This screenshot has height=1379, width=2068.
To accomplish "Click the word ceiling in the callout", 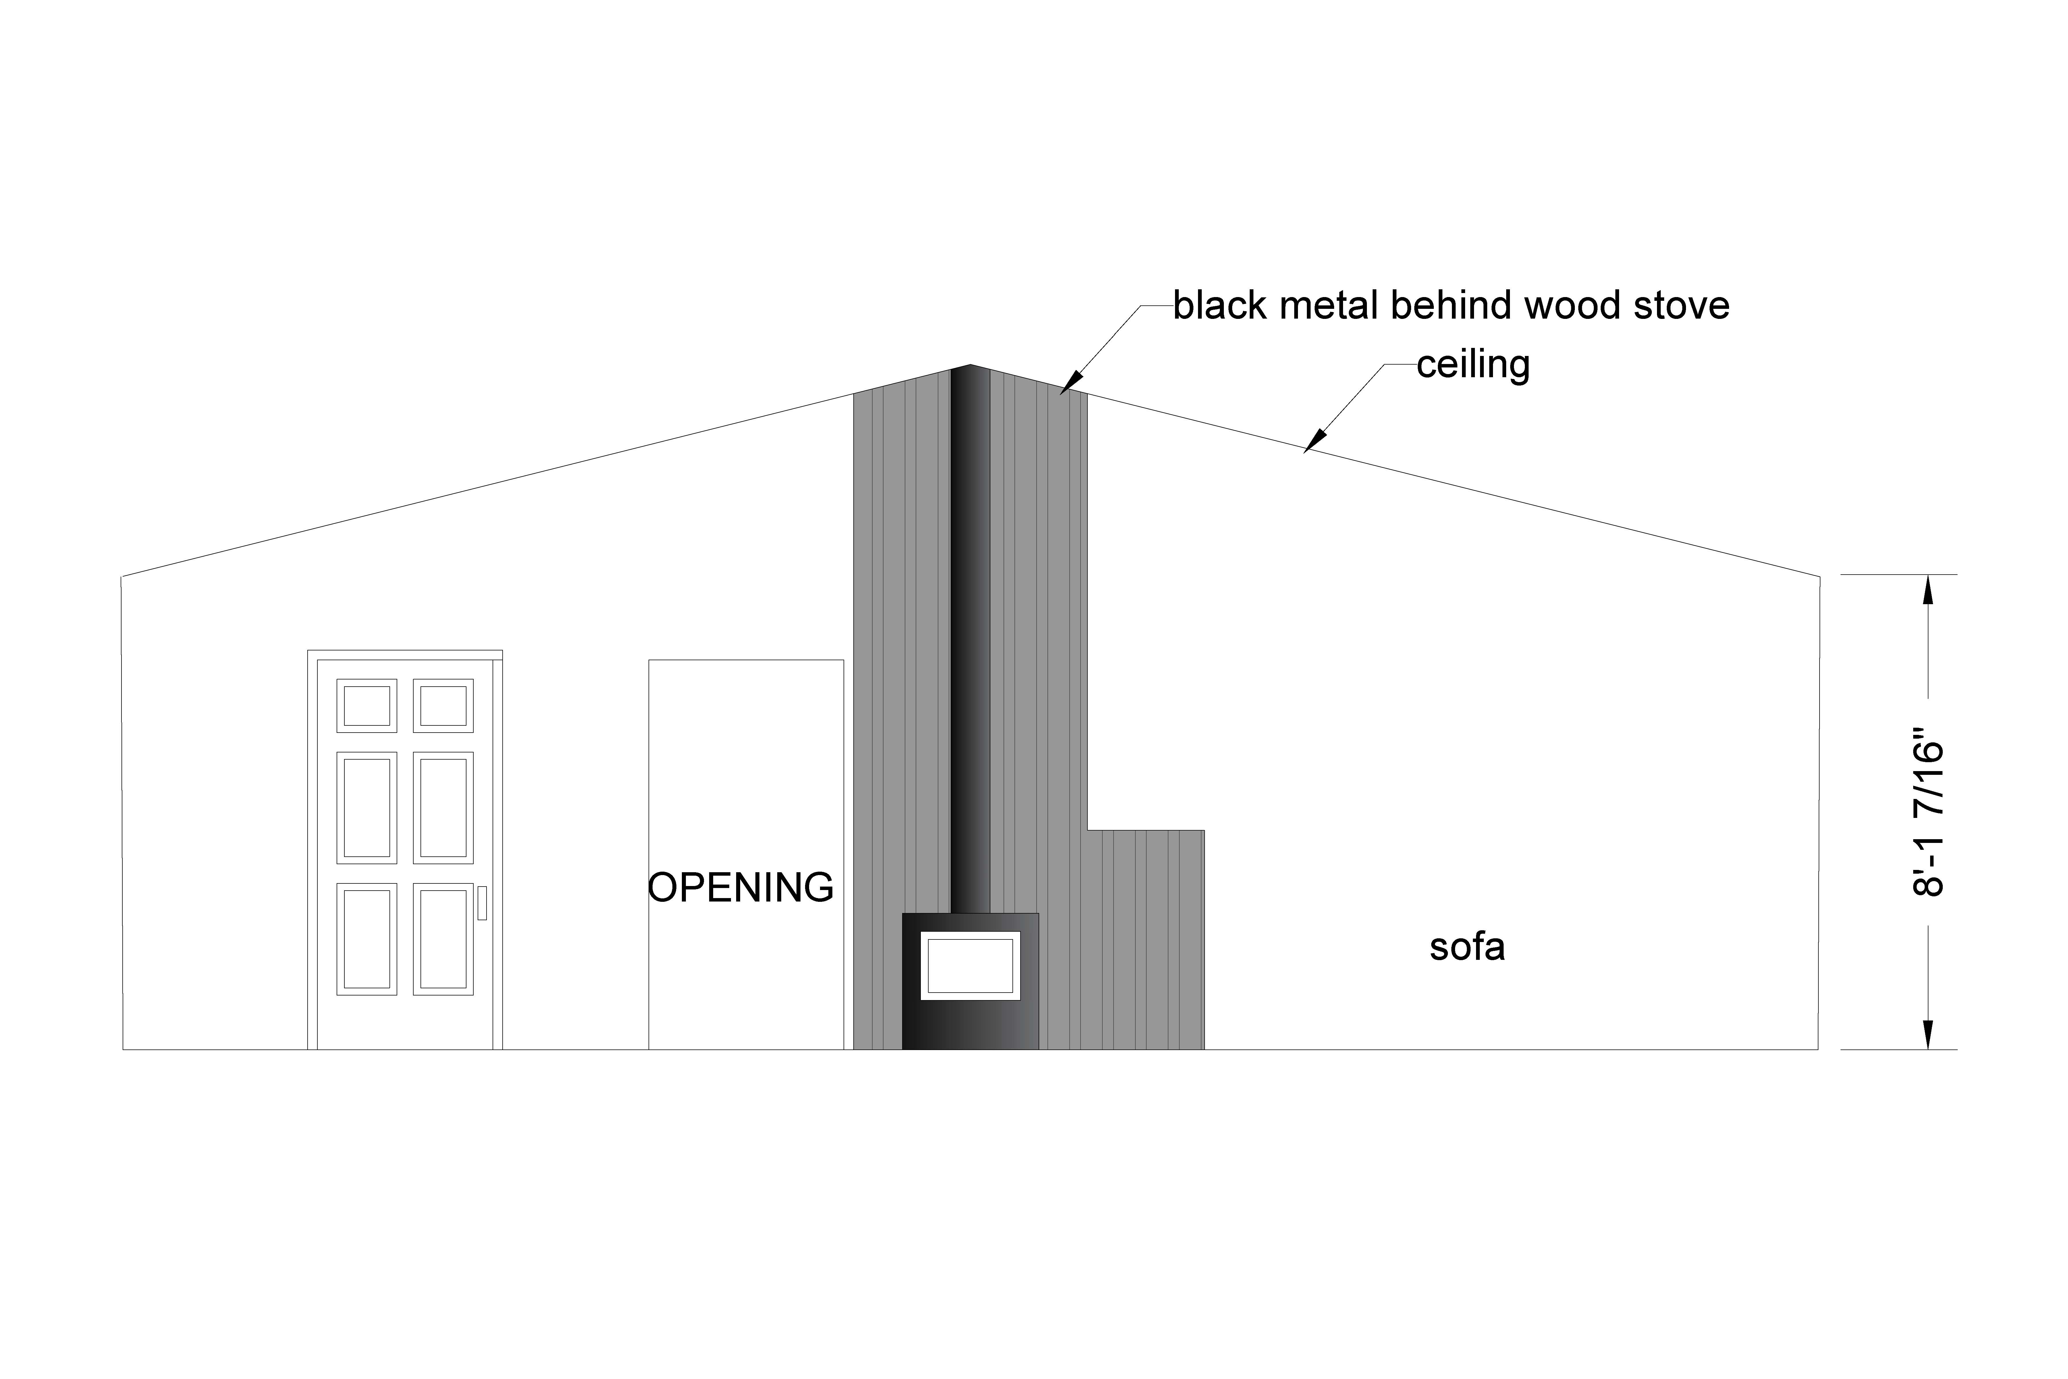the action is [1473, 365].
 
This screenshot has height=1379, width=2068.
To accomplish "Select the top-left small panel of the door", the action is [367, 705].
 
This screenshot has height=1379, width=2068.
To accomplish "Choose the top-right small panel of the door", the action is [443, 705].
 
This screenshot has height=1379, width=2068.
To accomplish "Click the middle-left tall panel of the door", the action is [367, 807].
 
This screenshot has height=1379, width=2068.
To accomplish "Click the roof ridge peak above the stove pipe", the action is [971, 365].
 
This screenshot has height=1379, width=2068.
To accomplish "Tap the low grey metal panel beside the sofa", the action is [1146, 939].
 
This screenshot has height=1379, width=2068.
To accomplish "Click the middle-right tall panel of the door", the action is [443, 807].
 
